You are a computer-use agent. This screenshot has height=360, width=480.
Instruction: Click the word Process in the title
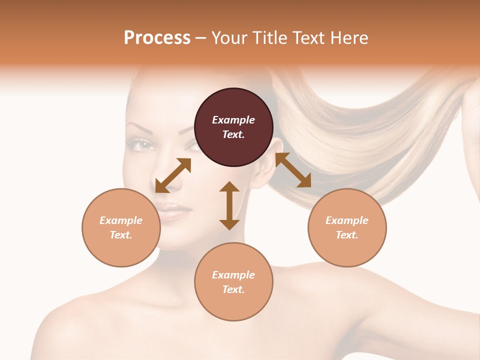click(x=157, y=38)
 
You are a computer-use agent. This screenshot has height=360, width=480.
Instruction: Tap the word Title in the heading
click(x=270, y=38)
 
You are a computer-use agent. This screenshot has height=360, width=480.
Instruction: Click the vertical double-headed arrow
click(x=229, y=205)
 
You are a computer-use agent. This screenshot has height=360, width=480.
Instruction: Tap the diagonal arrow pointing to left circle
click(x=173, y=175)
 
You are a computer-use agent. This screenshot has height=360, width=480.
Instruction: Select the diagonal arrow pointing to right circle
click(x=293, y=170)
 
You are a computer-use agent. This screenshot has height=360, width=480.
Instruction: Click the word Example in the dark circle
click(x=233, y=120)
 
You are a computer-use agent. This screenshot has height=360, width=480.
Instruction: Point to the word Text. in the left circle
click(x=121, y=235)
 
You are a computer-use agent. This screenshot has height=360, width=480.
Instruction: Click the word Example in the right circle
click(x=347, y=220)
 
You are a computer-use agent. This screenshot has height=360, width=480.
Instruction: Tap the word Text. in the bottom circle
click(x=233, y=289)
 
